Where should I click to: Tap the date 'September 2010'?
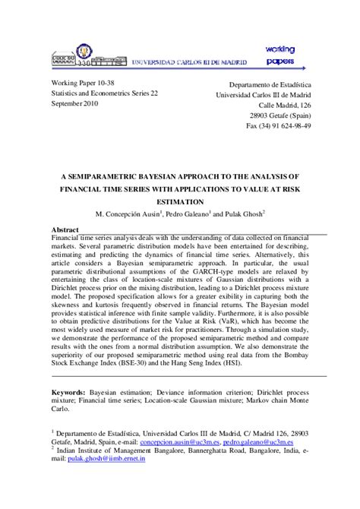[x=75, y=103]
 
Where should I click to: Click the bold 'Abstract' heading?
[x=65, y=229]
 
